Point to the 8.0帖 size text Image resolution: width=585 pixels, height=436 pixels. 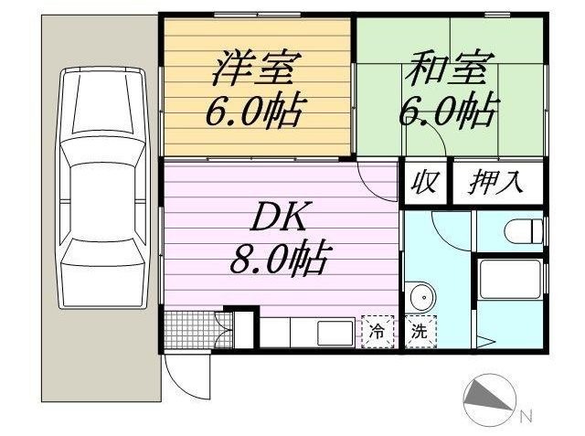[x=279, y=260]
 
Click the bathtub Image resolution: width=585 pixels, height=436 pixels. [x=510, y=278]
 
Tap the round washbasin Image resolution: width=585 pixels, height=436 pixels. [x=421, y=297]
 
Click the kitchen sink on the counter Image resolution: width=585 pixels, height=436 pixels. [x=335, y=332]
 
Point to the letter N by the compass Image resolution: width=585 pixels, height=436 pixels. [x=526, y=417]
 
